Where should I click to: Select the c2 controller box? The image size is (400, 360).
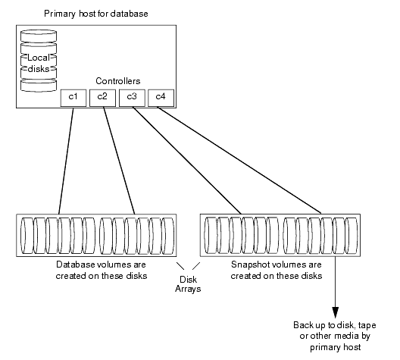[x=102, y=97]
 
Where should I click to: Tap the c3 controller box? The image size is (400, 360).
[x=131, y=97]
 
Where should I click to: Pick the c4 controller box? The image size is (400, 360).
[x=160, y=97]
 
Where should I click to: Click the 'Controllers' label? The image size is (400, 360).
[x=118, y=80]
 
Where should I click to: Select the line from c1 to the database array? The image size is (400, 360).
[x=66, y=159]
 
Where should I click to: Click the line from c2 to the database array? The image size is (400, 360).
[x=118, y=159]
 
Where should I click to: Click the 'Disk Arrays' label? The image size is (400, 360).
[x=189, y=284]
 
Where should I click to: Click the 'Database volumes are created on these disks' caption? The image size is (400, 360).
[x=96, y=271]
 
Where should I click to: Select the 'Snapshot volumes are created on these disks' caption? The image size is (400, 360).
[x=276, y=271]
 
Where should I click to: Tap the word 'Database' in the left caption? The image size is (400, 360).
[x=76, y=265]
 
